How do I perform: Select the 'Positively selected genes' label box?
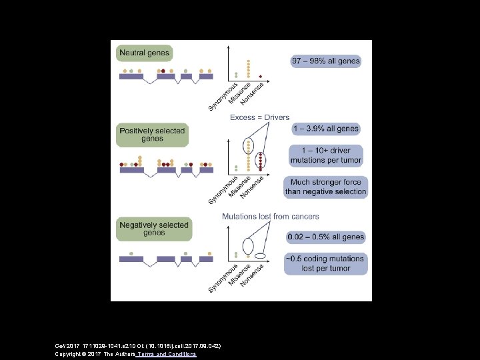pyautogui.click(x=152, y=135)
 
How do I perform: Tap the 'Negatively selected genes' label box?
pyautogui.click(x=153, y=229)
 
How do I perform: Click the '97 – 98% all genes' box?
pyautogui.click(x=325, y=61)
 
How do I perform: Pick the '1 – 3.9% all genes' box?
pyautogui.click(x=325, y=129)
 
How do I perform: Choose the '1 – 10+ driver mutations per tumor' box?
pyautogui.click(x=325, y=155)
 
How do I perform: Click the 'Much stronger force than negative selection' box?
pyautogui.click(x=325, y=187)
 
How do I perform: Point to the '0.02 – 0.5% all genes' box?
pyautogui.click(x=325, y=237)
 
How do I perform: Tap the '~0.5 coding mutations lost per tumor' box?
pyautogui.click(x=325, y=263)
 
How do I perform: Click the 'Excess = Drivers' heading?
pyautogui.click(x=260, y=118)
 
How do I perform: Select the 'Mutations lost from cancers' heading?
pyautogui.click(x=270, y=217)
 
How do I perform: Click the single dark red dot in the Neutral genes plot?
pyautogui.click(x=260, y=76)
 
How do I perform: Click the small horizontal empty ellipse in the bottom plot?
pyautogui.click(x=260, y=255)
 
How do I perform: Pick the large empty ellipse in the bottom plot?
pyautogui.click(x=248, y=246)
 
